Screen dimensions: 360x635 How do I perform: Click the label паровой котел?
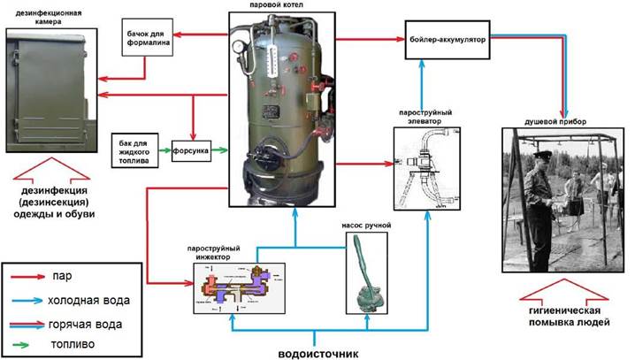click(277, 6)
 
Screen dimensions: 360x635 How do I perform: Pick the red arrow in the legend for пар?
click(30, 275)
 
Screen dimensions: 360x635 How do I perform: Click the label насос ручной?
click(366, 225)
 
